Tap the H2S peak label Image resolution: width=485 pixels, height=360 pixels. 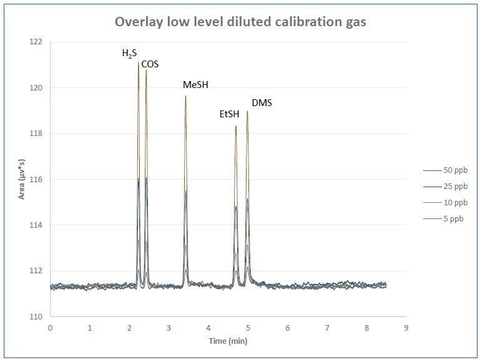(x=129, y=54)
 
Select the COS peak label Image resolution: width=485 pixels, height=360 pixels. (x=150, y=64)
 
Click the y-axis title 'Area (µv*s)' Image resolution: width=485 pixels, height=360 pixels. (x=22, y=179)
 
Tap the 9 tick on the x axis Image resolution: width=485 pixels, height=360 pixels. (x=406, y=327)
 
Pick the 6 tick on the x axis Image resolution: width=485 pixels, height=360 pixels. (x=288, y=327)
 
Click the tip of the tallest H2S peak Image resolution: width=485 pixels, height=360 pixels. (x=139, y=62)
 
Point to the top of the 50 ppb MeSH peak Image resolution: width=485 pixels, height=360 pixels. (x=185, y=95)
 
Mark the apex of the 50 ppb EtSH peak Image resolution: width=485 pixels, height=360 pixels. (x=236, y=126)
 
